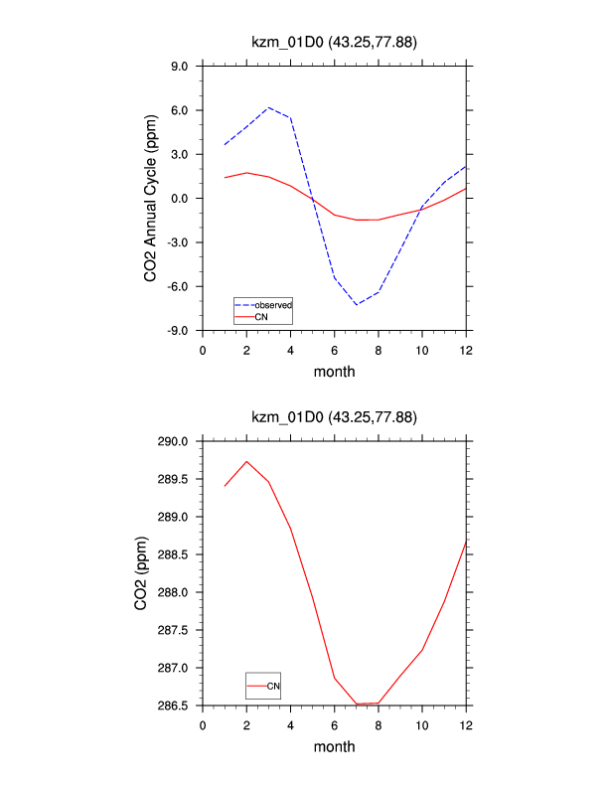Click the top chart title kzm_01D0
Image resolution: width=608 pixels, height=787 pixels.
point(335,42)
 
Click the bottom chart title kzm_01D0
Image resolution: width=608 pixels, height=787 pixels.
point(335,417)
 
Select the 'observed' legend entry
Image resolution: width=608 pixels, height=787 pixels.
point(273,304)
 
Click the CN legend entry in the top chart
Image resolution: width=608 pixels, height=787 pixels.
point(261,316)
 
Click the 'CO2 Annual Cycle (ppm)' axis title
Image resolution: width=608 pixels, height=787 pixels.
point(151,199)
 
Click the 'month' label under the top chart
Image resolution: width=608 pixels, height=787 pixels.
point(335,372)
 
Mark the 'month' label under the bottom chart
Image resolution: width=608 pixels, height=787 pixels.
point(335,747)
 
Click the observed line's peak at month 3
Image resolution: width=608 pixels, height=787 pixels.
point(268,107)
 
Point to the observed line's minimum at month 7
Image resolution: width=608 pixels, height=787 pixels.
point(357,304)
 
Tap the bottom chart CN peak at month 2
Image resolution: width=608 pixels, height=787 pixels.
point(246,461)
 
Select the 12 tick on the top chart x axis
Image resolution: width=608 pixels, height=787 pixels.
point(466,349)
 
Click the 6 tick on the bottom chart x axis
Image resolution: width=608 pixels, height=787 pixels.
point(335,724)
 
